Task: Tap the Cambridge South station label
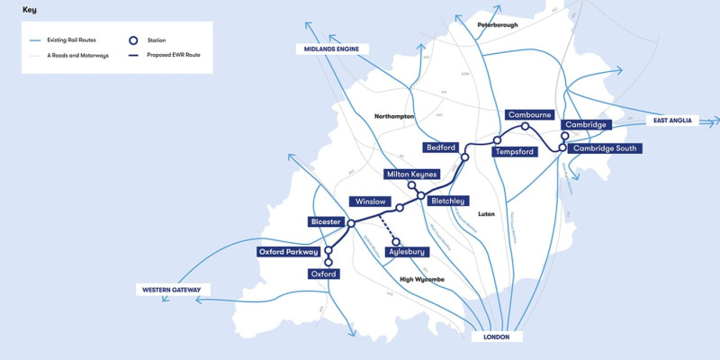click(604, 148)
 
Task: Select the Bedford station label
click(441, 147)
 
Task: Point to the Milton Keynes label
click(410, 174)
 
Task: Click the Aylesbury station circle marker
click(395, 241)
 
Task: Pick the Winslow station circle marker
click(400, 208)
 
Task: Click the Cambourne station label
click(529, 115)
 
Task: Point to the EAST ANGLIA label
click(671, 121)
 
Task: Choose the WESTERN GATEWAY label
click(173, 290)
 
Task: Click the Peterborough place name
click(498, 25)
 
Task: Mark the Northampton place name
click(394, 117)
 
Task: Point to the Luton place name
click(487, 215)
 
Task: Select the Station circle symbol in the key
click(133, 40)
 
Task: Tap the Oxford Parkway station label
click(288, 252)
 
